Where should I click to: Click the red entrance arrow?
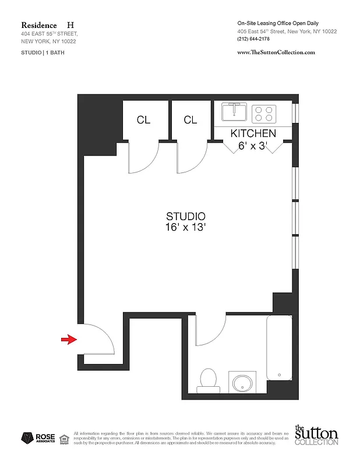(x=69, y=339)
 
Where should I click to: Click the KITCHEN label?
(x=253, y=134)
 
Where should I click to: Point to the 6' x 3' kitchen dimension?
(x=252, y=146)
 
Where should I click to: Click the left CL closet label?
(x=143, y=120)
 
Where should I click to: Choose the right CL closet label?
(x=190, y=120)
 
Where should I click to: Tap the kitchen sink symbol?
(x=235, y=111)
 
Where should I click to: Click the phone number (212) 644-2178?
(x=255, y=39)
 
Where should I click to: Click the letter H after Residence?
(x=70, y=25)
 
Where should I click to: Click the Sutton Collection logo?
(x=316, y=436)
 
